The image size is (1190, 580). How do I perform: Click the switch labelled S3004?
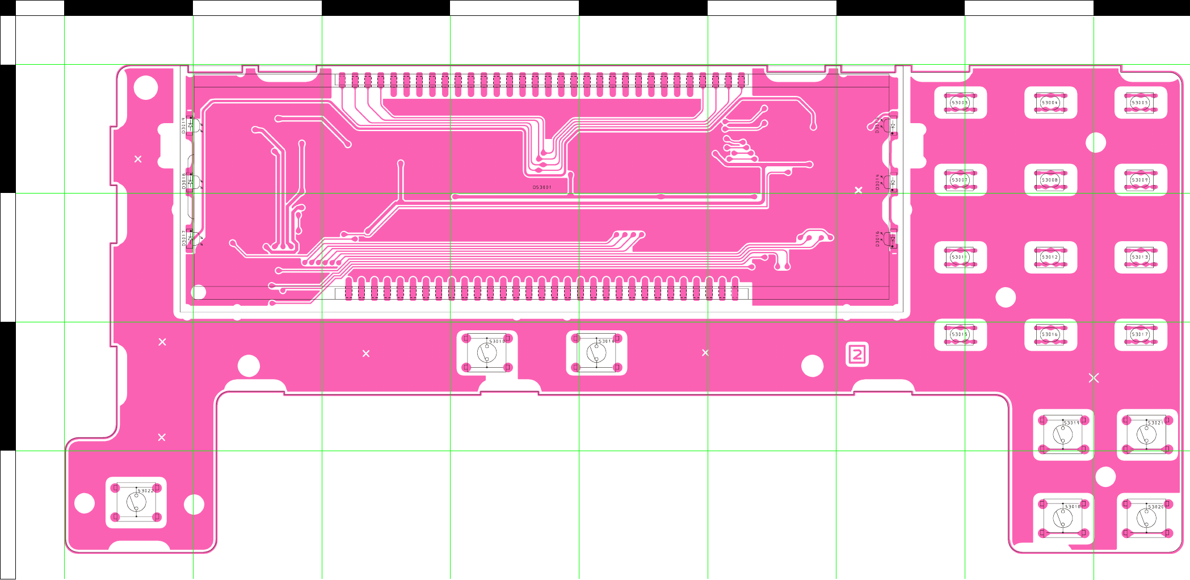[1050, 103]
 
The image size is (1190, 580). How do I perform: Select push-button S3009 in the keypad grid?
[1140, 180]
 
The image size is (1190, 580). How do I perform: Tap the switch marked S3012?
[1050, 257]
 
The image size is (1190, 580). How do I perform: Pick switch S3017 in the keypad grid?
[1140, 334]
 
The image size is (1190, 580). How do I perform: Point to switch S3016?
[1050, 334]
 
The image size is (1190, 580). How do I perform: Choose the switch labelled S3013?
[1140, 257]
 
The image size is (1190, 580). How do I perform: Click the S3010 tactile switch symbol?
[487, 353]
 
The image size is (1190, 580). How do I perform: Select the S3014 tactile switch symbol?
[596, 353]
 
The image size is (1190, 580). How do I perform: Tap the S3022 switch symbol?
[136, 502]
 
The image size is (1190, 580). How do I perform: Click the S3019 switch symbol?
[1063, 435]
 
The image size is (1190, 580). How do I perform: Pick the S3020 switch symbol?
[1147, 518]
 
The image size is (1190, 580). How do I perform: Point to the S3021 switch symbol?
[1147, 435]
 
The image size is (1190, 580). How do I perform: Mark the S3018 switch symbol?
[1063, 518]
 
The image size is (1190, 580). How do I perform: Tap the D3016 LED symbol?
[892, 239]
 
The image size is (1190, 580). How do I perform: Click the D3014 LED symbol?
[892, 182]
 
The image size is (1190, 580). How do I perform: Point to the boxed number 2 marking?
[857, 355]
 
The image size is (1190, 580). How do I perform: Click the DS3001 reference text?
[541, 187]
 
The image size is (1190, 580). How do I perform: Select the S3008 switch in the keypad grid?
[1050, 180]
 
